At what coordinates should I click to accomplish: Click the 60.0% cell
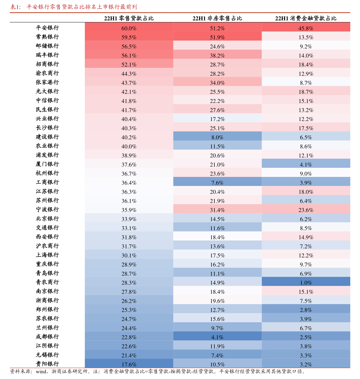[129, 28]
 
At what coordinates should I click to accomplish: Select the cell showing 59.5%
[129, 37]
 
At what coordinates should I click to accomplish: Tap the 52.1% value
[129, 65]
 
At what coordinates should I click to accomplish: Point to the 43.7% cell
[129, 83]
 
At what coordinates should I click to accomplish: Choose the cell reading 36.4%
[129, 183]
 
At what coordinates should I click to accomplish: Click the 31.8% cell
[129, 237]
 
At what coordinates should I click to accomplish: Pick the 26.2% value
[129, 301]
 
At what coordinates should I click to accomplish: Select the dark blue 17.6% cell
[129, 364]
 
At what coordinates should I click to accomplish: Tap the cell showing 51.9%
[217, 37]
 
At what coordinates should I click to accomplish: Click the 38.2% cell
[217, 55]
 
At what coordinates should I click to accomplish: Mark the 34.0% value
[217, 83]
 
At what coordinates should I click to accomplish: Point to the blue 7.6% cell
[217, 183]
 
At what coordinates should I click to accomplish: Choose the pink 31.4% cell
[217, 210]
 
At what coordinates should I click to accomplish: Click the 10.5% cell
[217, 364]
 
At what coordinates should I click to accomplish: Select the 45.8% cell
[306, 28]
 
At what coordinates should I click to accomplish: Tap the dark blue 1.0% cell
[306, 283]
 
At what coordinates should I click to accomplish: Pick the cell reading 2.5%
[306, 337]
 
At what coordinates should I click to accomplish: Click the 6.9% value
[306, 274]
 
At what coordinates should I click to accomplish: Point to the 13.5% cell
[306, 37]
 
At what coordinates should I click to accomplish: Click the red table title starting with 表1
[73, 7]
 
